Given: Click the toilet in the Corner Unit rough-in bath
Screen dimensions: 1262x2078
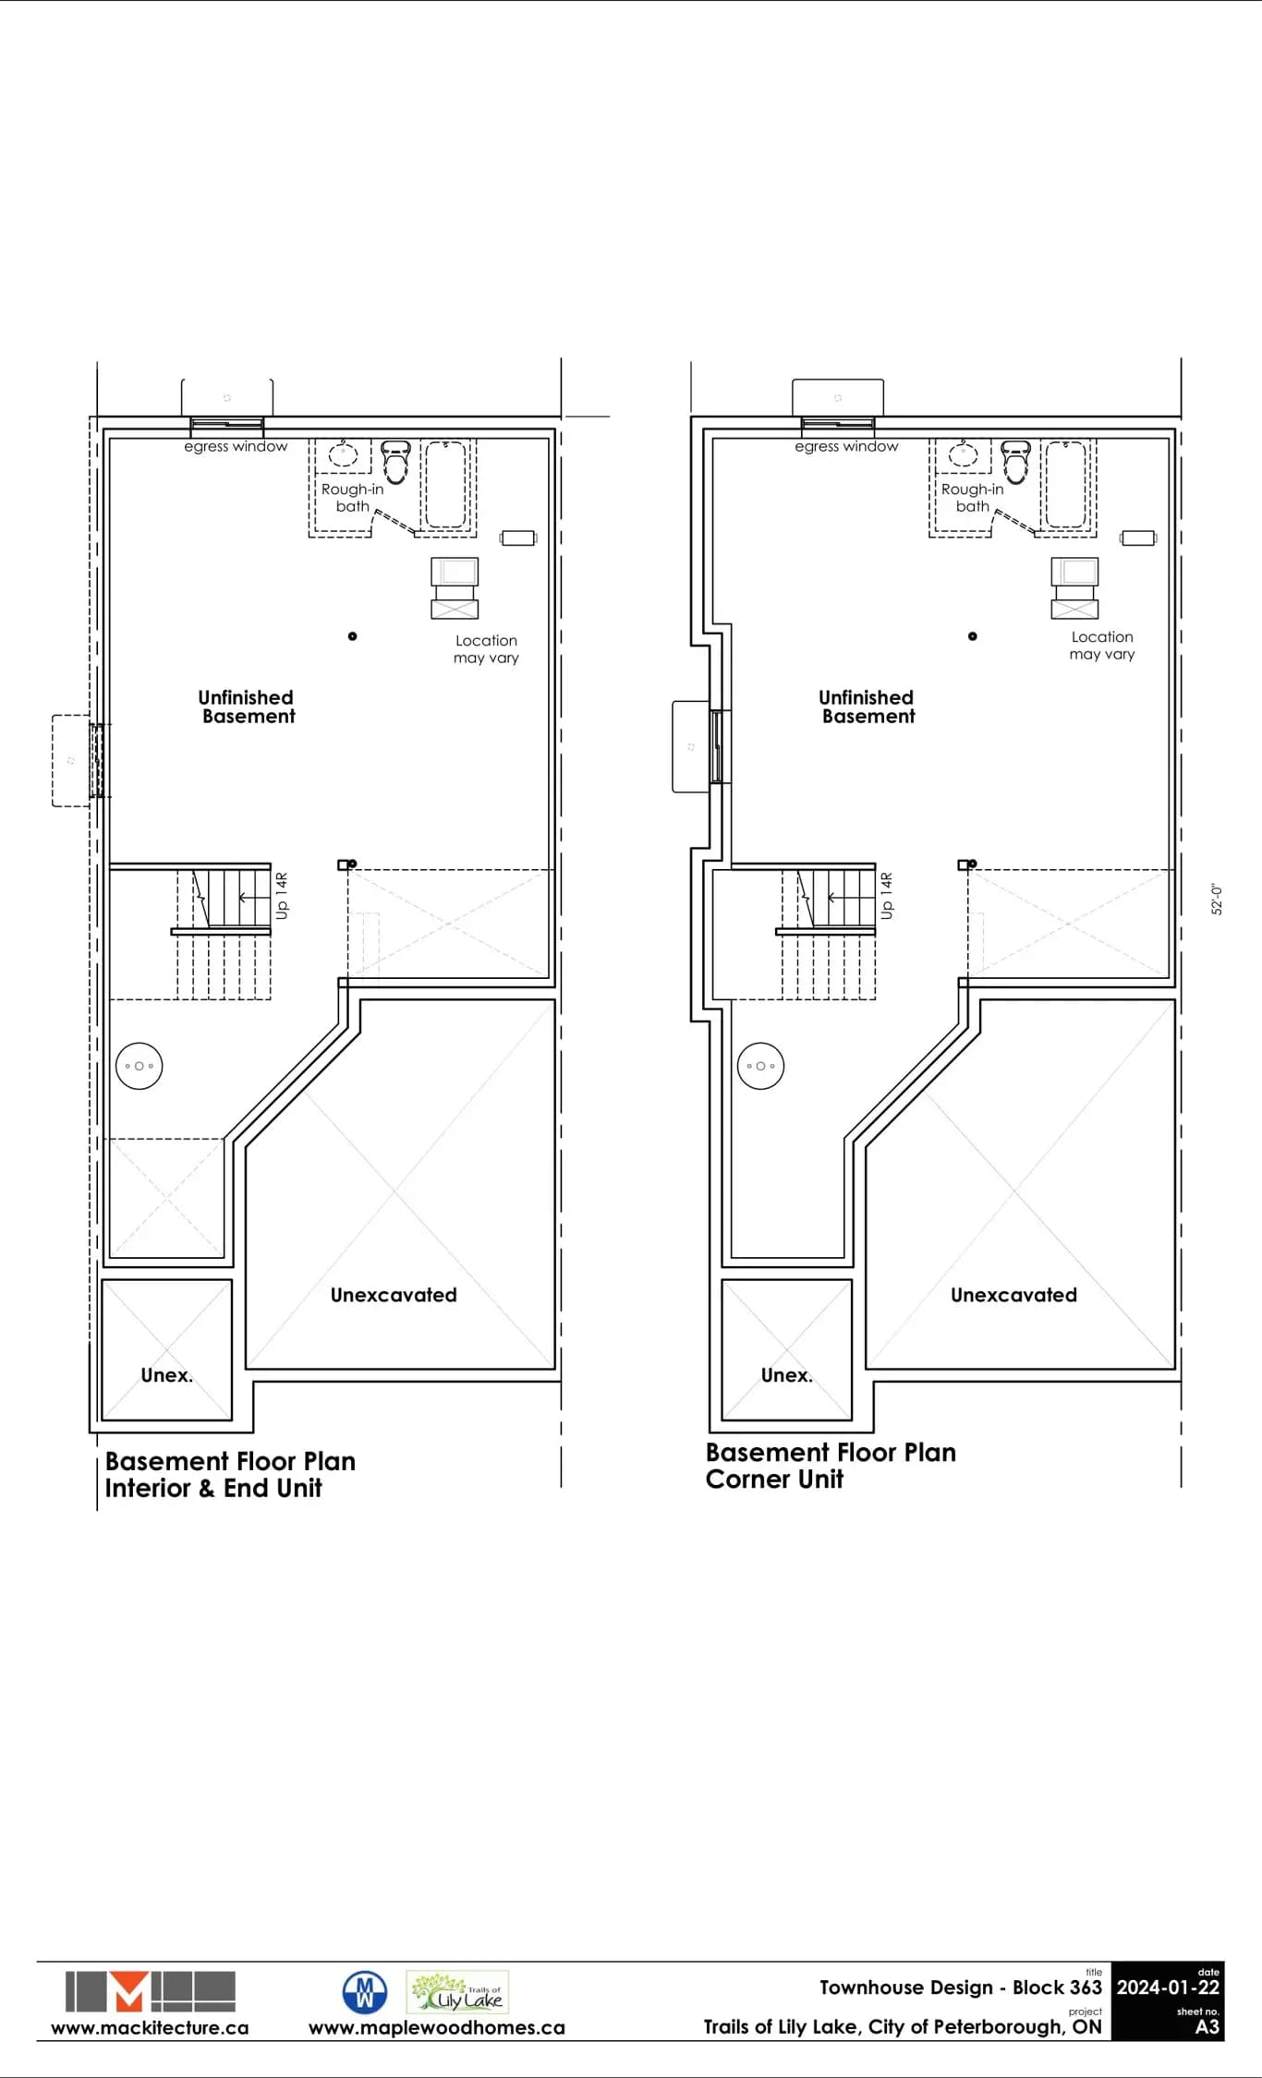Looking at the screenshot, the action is click(x=1015, y=462).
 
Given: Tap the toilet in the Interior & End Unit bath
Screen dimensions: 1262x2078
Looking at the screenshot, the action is click(x=395, y=462).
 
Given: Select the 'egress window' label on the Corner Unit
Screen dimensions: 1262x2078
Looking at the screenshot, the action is click(x=846, y=447).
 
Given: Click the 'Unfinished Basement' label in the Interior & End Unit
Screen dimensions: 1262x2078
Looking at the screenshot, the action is click(x=247, y=707).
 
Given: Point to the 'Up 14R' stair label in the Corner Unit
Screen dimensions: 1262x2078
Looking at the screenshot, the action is click(x=887, y=896).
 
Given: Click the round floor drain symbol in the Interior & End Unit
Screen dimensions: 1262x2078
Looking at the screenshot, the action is click(x=140, y=1066).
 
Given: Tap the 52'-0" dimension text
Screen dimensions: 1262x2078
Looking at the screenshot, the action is click(x=1217, y=900).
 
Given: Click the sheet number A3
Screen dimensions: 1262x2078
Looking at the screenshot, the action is click(x=1207, y=2027).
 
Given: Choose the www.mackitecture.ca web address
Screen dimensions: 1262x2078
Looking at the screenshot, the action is click(x=150, y=2028).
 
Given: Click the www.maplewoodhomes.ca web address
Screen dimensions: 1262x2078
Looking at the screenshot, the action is click(x=437, y=2028).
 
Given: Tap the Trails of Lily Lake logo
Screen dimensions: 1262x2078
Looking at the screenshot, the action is click(x=457, y=1992).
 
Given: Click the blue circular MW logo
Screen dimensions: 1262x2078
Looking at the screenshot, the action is click(x=365, y=1992).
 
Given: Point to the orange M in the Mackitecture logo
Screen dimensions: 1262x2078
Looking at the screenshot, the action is click(x=129, y=1991).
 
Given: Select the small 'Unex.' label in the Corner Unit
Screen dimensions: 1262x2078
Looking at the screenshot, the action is click(x=787, y=1375).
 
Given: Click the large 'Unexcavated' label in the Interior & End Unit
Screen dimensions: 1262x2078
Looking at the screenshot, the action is click(x=394, y=1295).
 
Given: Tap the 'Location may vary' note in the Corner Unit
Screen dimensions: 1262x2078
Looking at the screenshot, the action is click(x=1102, y=646).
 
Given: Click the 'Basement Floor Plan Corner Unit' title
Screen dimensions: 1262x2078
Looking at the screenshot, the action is click(x=831, y=1466).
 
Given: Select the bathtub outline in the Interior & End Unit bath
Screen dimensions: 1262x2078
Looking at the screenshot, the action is click(x=446, y=484).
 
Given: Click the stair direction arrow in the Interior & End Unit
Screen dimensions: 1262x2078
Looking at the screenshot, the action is click(x=249, y=898).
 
